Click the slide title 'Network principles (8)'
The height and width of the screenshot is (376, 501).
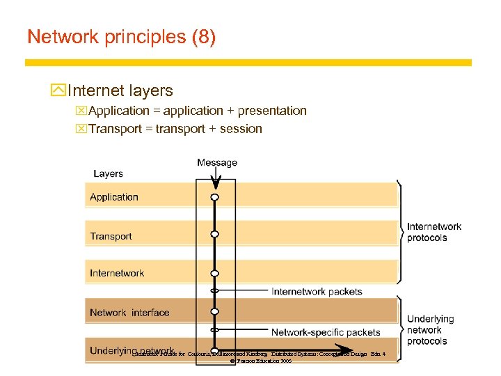pyautogui.click(x=121, y=37)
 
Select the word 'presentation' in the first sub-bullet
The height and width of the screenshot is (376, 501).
pyautogui.click(x=273, y=111)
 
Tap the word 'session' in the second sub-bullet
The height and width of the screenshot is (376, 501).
pyautogui.click(x=240, y=129)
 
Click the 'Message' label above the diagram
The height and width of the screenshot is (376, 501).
pyautogui.click(x=217, y=163)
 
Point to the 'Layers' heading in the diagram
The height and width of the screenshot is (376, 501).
pyautogui.click(x=108, y=173)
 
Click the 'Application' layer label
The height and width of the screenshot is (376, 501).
pyautogui.click(x=114, y=197)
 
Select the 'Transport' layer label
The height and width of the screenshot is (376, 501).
pyautogui.click(x=111, y=236)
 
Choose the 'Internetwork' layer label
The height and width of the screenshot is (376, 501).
pyautogui.click(x=117, y=274)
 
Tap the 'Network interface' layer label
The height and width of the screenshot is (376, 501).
pyautogui.click(x=129, y=313)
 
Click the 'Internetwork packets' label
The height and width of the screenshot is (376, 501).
pyautogui.click(x=317, y=291)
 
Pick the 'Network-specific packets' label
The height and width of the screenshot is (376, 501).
pyautogui.click(x=326, y=332)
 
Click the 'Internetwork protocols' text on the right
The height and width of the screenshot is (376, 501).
pyautogui.click(x=434, y=232)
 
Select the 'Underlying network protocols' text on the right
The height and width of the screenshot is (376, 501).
pyautogui.click(x=430, y=330)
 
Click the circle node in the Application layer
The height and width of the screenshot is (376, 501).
pyautogui.click(x=215, y=197)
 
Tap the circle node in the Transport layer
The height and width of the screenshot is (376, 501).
pyautogui.click(x=215, y=235)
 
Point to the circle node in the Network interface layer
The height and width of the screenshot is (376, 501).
pyautogui.click(x=215, y=311)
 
